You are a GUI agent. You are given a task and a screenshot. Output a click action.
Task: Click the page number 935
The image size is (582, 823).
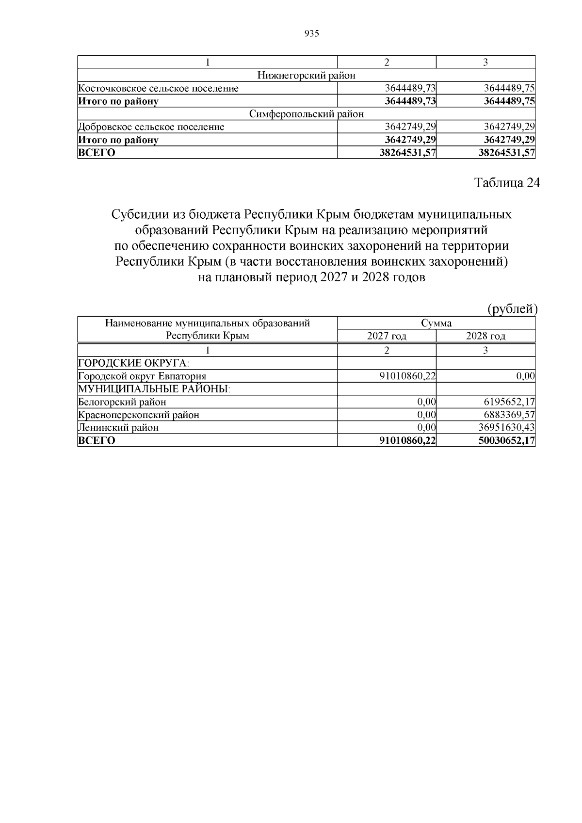pos(311,33)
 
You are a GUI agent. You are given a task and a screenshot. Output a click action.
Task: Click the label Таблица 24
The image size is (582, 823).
pos(506,183)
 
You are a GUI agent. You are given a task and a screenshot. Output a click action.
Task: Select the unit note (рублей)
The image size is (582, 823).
pos(512,309)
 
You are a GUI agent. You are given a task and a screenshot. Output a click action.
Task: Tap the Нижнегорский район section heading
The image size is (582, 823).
pos(306,76)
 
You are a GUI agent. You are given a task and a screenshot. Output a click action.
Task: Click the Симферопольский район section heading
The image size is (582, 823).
pos(306,114)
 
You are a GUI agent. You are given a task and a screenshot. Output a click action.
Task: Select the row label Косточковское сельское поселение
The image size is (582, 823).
pos(159,88)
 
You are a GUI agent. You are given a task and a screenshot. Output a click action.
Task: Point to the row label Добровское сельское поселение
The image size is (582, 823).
pos(151,127)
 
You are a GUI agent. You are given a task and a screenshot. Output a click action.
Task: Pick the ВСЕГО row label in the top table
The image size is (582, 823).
pos(97,153)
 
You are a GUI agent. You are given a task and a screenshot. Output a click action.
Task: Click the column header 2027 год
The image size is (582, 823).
pos(387,336)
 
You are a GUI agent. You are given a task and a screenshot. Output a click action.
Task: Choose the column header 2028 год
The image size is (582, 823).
pos(485,336)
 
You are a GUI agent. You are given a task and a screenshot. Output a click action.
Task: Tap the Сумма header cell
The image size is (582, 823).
pos(436,323)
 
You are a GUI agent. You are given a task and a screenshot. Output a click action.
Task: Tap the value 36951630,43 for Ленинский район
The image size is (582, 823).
pos(506,428)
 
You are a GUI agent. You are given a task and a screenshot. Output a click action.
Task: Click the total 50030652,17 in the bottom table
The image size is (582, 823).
pos(506,440)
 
